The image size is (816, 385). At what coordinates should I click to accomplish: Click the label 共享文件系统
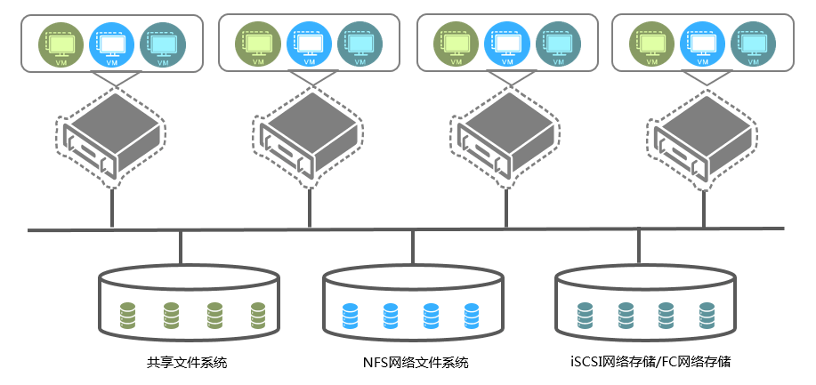click(187, 362)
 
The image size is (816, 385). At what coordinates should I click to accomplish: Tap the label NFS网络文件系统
click(415, 362)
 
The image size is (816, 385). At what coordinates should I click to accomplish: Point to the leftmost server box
click(111, 141)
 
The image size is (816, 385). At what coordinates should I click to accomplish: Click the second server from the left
click(309, 141)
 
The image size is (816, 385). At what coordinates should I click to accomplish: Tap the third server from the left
click(507, 141)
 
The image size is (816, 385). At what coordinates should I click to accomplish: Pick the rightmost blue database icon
click(473, 314)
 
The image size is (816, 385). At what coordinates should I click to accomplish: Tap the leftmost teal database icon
click(585, 314)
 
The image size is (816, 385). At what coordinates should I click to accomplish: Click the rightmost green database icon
click(258, 314)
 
